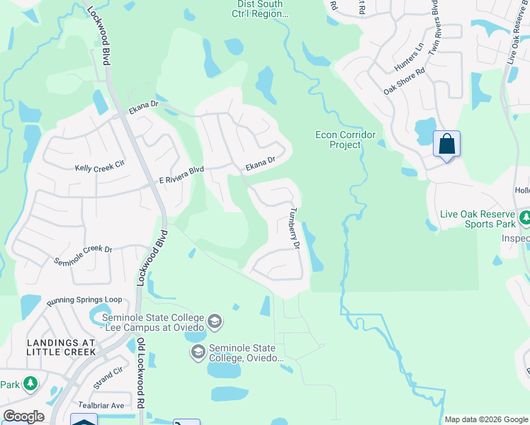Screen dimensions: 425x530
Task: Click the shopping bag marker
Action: coord(446,144)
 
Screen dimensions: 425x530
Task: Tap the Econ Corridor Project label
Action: coord(345,140)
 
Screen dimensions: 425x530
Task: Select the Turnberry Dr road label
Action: coord(295,227)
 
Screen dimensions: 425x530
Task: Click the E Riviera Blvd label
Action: coord(180,171)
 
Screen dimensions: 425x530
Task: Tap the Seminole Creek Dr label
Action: coord(84,255)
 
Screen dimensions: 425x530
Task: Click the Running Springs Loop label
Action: coord(84,300)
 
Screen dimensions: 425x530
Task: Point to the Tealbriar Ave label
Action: coord(101,405)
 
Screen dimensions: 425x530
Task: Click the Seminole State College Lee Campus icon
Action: coord(215,323)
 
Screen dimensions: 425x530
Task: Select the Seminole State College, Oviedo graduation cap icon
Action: coord(198,352)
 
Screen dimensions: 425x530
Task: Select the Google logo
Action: coord(24,416)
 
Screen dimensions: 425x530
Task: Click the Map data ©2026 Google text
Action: coord(485,419)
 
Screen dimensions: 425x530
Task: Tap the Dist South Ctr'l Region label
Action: coord(259,9)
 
